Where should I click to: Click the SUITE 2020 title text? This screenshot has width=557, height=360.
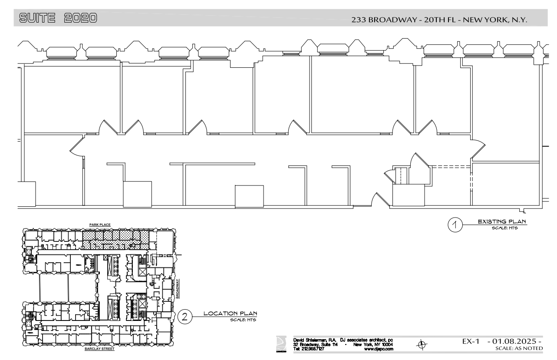58,18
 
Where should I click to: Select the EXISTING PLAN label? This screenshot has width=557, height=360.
502,222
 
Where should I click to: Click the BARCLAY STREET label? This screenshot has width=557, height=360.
99,348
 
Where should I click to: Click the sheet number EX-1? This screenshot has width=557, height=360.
471,343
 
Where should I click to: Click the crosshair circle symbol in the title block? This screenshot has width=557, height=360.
420,345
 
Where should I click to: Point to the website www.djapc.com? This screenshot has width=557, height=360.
379,349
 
